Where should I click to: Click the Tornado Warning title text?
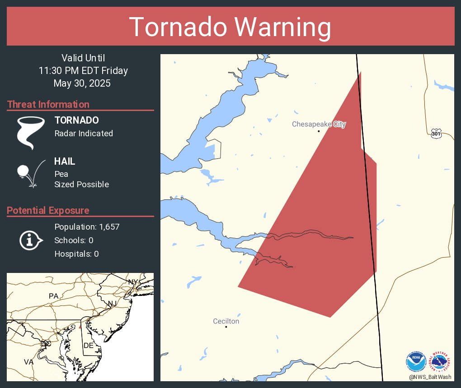point(230,27)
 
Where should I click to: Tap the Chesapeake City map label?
point(319,124)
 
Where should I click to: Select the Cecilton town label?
point(226,321)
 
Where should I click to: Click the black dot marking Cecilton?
point(226,327)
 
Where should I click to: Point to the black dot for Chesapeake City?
point(319,131)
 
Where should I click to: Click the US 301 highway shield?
point(436,134)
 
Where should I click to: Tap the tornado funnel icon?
point(31,132)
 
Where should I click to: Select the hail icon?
point(30,173)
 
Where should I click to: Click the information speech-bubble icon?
point(30,240)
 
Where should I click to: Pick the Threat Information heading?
point(48,105)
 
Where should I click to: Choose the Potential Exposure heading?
point(48,211)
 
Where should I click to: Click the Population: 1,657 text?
point(87,227)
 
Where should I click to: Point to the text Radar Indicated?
point(84,134)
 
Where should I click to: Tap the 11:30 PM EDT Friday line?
point(83,71)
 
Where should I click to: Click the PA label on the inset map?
point(54,296)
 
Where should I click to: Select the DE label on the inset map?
point(89,345)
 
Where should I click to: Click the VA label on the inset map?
point(28,362)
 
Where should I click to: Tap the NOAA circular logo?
point(416,361)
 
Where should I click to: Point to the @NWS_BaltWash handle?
point(430,377)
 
